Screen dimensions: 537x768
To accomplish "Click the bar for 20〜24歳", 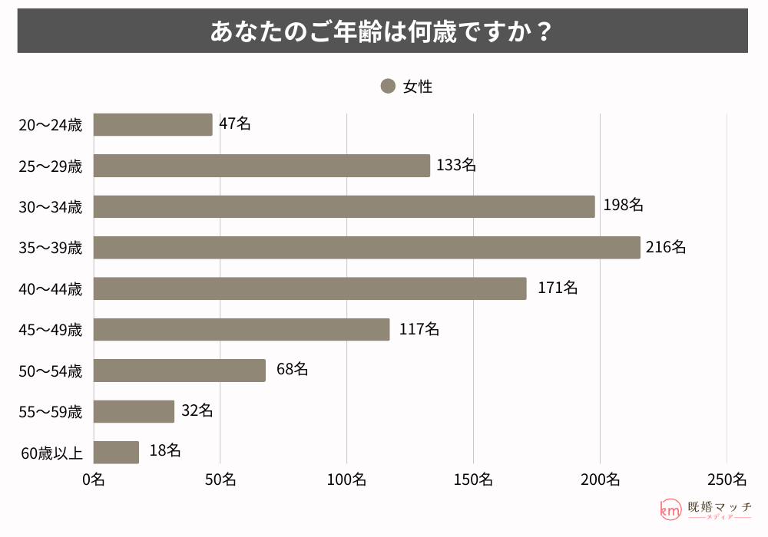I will click(153, 124).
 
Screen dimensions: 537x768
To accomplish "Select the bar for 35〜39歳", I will click(366, 247).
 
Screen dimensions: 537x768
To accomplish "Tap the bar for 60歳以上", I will click(116, 452).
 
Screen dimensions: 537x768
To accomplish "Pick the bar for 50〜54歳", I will click(180, 370).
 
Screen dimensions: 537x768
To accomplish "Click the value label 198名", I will click(623, 205).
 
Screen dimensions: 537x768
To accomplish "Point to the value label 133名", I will click(456, 165).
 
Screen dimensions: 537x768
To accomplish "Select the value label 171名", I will click(558, 288).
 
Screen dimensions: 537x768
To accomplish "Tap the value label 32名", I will click(197, 410).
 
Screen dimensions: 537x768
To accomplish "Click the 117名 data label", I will click(419, 329).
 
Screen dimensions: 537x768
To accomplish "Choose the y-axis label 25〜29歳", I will click(50, 166).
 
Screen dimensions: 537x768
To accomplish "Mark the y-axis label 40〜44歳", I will click(50, 288).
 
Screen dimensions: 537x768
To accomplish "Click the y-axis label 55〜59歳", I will click(50, 412).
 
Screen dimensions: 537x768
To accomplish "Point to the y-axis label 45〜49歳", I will click(50, 330).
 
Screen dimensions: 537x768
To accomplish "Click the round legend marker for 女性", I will click(388, 87).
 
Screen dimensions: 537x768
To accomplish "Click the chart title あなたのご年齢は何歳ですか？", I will click(382, 31).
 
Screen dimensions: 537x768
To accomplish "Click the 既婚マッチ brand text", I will click(720, 507).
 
